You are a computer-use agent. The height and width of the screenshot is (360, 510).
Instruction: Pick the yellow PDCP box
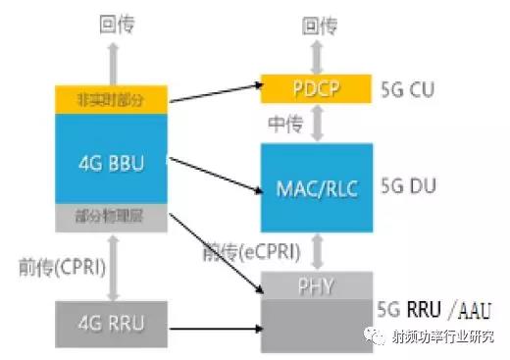pyautogui.click(x=315, y=90)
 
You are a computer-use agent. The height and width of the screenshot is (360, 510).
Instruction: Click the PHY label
pyautogui.click(x=315, y=286)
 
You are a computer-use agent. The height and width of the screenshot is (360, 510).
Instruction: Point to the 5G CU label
pyautogui.click(x=407, y=91)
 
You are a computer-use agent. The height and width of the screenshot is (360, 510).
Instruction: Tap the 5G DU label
pyautogui.click(x=407, y=182)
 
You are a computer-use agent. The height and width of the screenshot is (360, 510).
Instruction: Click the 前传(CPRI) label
pyautogui.click(x=61, y=265)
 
